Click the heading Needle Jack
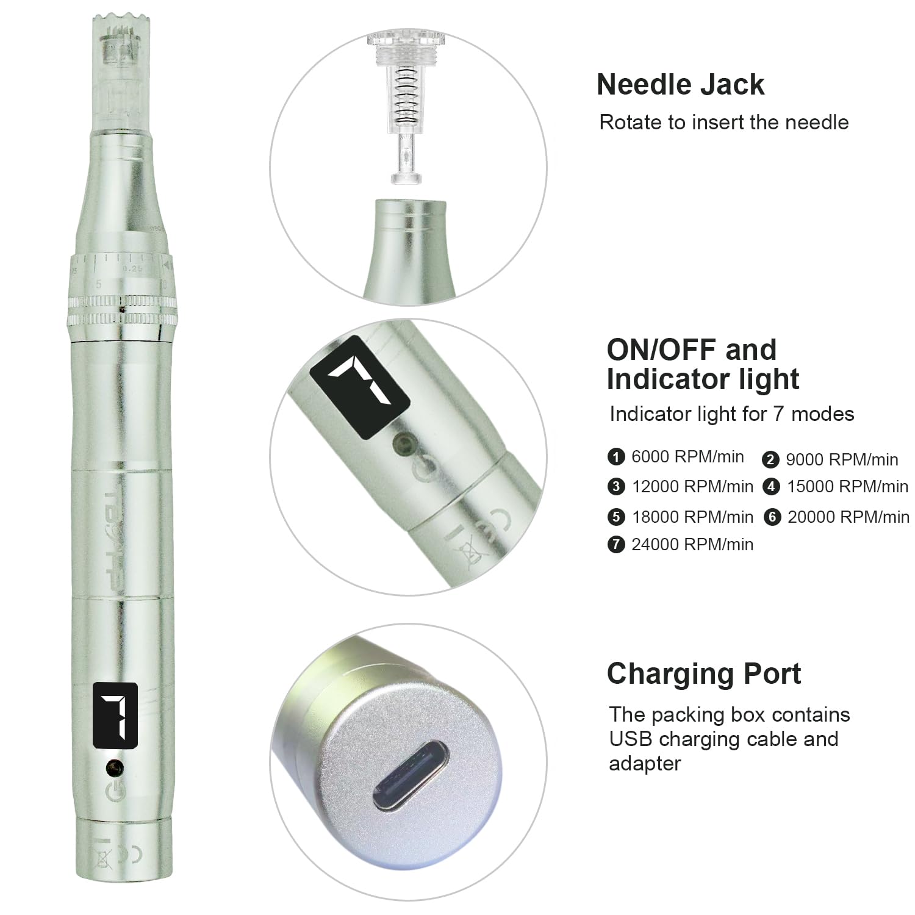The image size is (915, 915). coord(680,85)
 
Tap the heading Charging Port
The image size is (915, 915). coord(704,675)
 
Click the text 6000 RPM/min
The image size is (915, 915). coord(687,457)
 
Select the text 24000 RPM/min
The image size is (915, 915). coord(692,544)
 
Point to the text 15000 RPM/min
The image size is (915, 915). coord(847,487)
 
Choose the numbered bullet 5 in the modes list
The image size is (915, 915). coord(616,517)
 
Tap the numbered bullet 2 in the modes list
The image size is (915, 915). coord(770,460)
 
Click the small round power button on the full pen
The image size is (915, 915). coord(114,767)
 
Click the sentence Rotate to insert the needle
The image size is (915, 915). coord(723,122)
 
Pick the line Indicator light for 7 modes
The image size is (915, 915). coord(731,414)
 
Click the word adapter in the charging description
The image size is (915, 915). coord(645,764)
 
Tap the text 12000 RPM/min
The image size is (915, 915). coord(692,487)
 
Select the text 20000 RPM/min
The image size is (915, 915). coord(848,517)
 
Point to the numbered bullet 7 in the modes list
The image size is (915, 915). coord(616,544)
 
